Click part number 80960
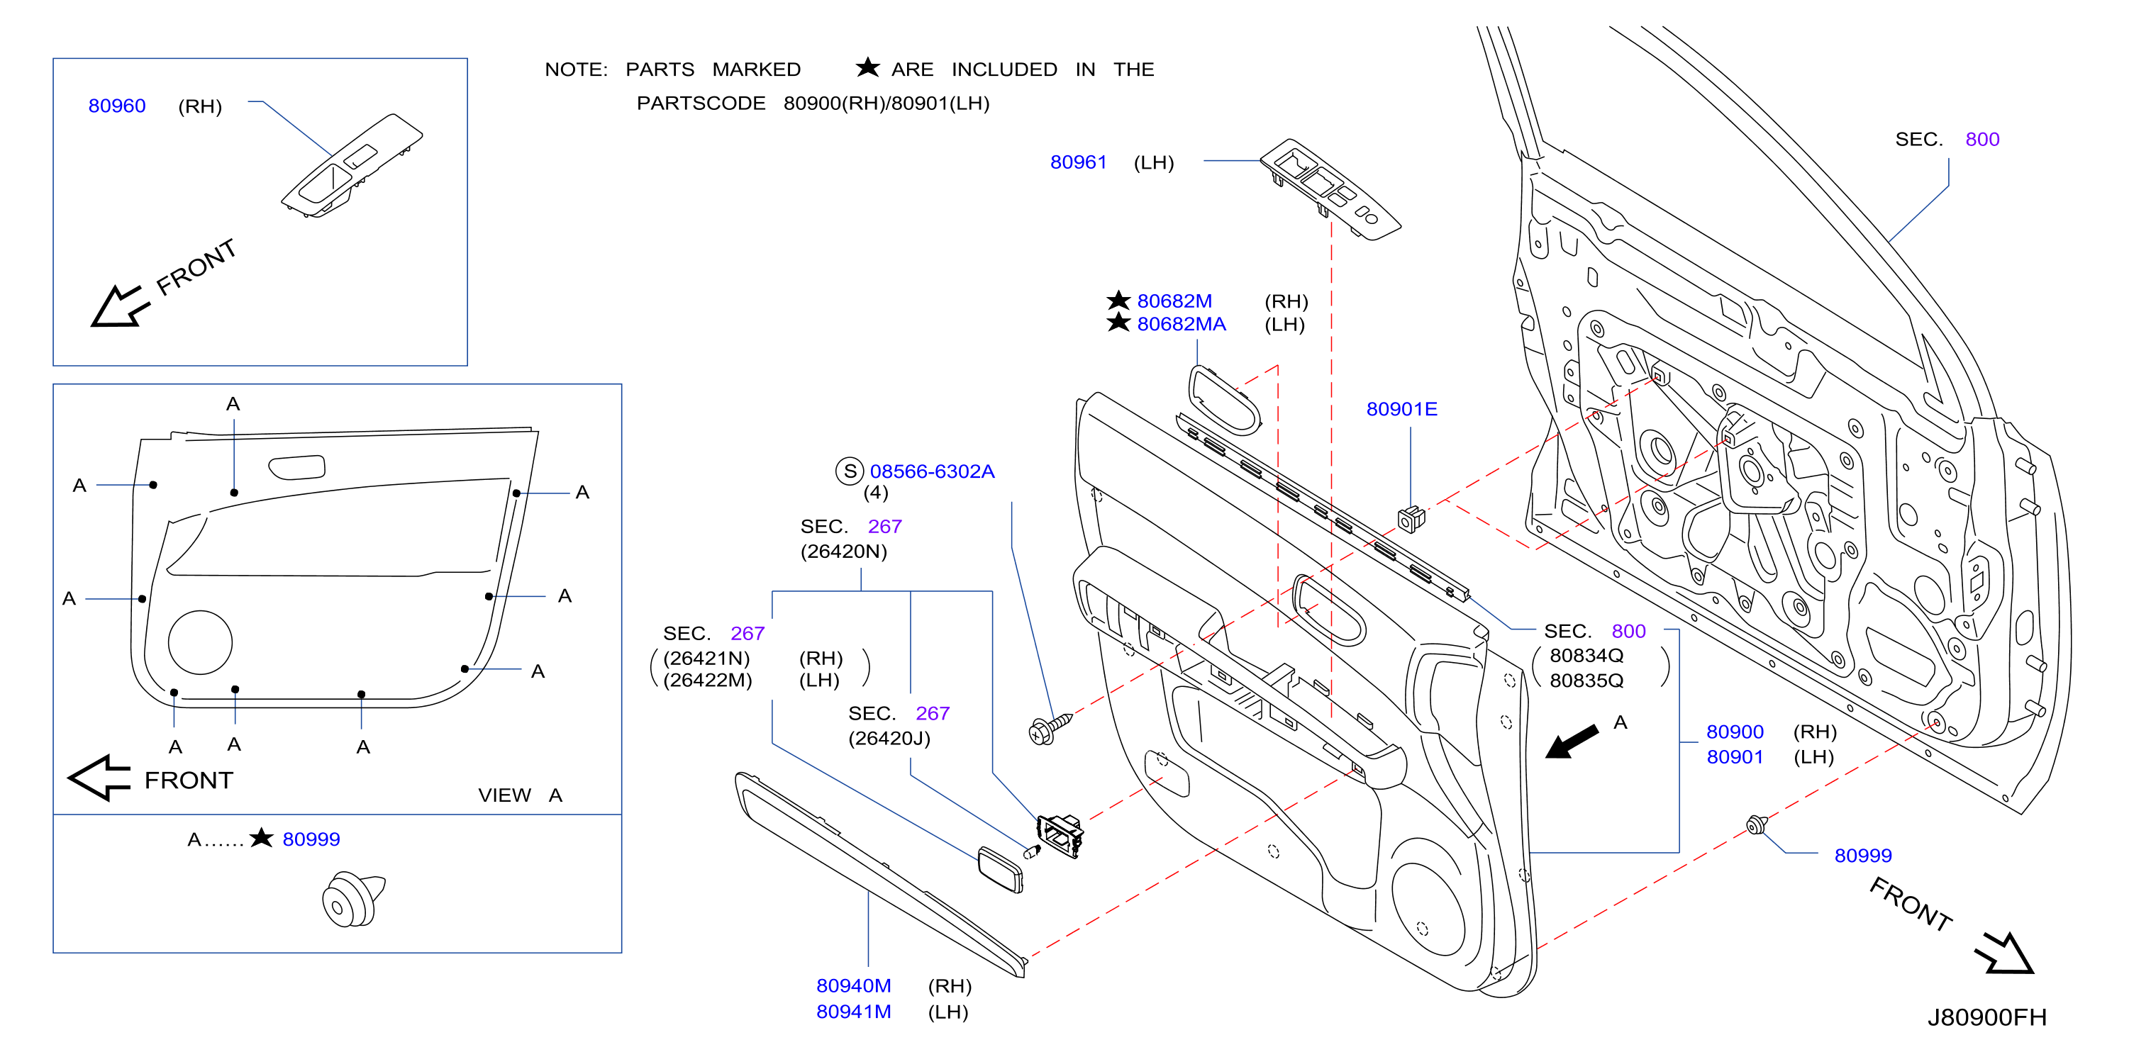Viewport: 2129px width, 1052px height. pyautogui.click(x=116, y=106)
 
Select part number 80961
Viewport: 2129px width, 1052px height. pyautogui.click(x=1078, y=162)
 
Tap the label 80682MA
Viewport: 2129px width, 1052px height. pyautogui.click(x=1181, y=324)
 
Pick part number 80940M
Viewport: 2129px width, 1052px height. pyautogui.click(x=854, y=986)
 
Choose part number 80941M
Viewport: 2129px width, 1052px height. pyautogui.click(x=854, y=1012)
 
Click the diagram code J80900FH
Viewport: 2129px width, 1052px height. pyautogui.click(x=1987, y=1017)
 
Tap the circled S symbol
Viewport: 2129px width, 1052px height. pyautogui.click(x=850, y=471)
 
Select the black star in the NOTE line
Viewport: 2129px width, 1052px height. pyautogui.click(x=868, y=67)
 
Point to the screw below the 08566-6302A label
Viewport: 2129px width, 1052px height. pyautogui.click(x=1050, y=728)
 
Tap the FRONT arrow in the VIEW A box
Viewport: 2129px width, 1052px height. pyautogui.click(x=99, y=778)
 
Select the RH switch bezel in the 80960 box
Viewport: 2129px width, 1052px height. pyautogui.click(x=351, y=165)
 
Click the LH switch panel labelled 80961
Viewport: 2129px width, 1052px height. pyautogui.click(x=1330, y=189)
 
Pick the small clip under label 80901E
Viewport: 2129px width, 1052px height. pyautogui.click(x=1411, y=519)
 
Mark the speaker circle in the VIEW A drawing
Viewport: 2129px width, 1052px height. pyautogui.click(x=200, y=642)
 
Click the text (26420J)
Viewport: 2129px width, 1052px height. pyautogui.click(x=889, y=738)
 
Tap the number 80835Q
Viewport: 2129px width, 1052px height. pyautogui.click(x=1586, y=680)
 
